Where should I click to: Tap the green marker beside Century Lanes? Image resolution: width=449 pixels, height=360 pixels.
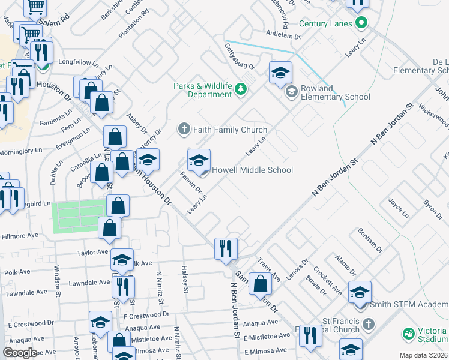pyautogui.click(x=361, y=24)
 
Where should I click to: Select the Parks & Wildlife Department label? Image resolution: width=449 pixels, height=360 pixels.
pyautogui.click(x=202, y=90)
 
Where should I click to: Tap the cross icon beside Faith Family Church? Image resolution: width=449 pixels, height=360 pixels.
pyautogui.click(x=184, y=130)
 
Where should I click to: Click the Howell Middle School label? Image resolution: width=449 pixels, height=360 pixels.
pyautogui.click(x=252, y=170)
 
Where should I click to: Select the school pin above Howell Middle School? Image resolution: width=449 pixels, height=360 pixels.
pyautogui.click(x=199, y=160)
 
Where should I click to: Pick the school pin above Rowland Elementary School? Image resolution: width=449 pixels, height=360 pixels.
pyautogui.click(x=280, y=73)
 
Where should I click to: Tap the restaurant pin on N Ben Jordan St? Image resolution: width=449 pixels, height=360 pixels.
pyautogui.click(x=226, y=248)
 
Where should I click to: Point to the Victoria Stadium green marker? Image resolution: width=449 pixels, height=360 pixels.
pyautogui.click(x=409, y=333)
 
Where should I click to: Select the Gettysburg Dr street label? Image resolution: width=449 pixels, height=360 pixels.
pyautogui.click(x=240, y=55)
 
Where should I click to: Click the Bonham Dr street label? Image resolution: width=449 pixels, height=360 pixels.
pyautogui.click(x=370, y=239)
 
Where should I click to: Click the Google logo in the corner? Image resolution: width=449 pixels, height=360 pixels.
pyautogui.click(x=20, y=353)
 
